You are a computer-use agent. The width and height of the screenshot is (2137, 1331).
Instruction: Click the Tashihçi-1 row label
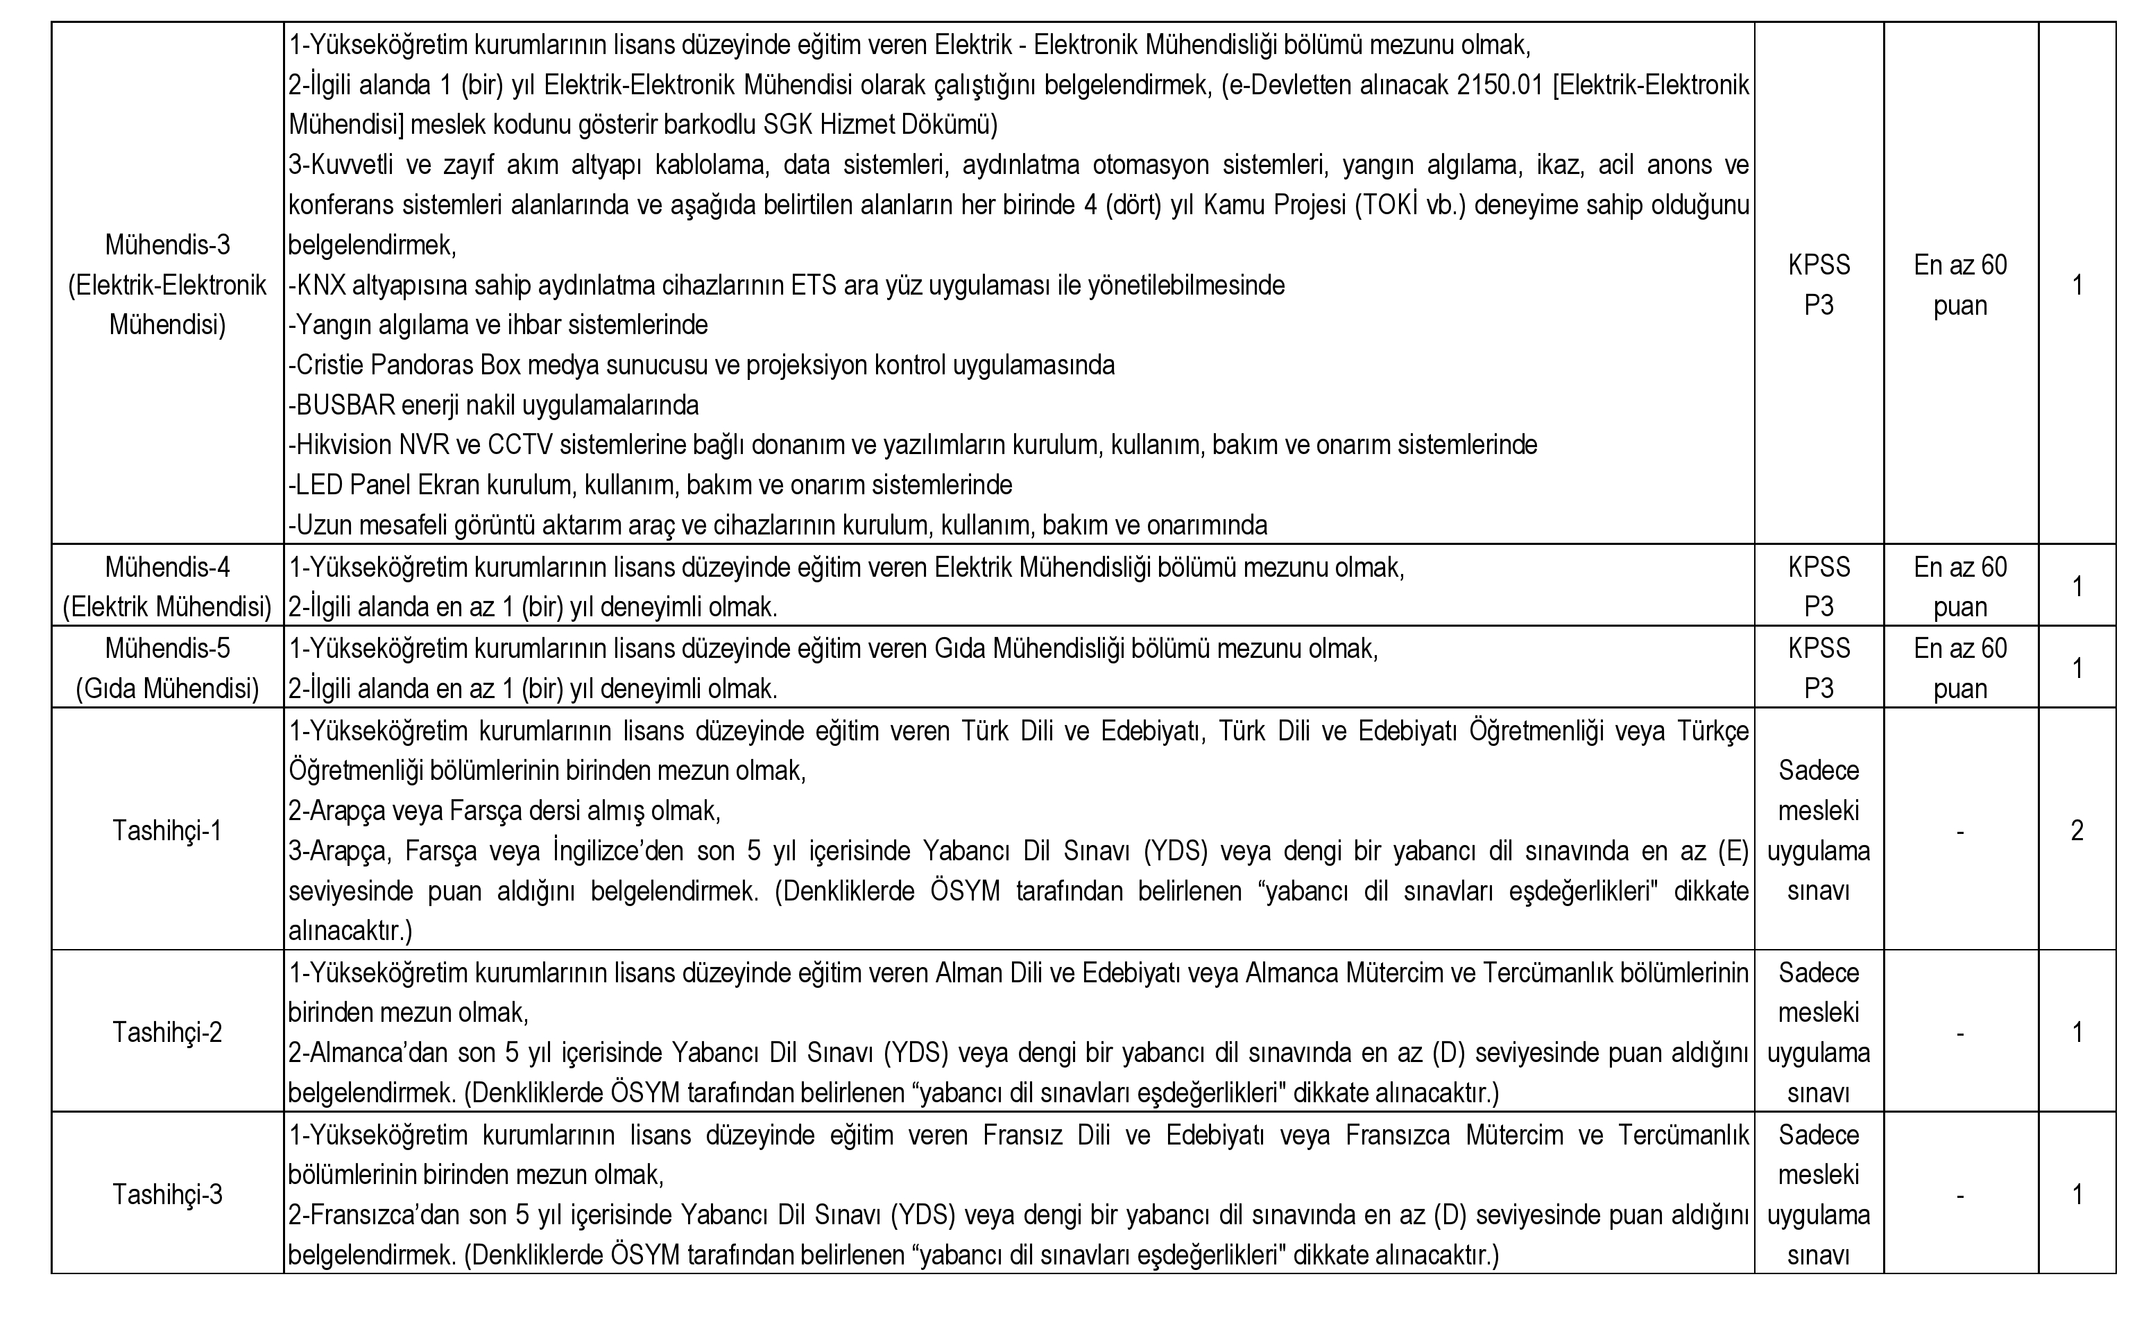click(167, 830)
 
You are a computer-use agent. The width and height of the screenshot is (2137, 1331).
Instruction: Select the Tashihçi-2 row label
click(167, 1032)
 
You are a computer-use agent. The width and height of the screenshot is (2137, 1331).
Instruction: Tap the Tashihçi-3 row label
click(167, 1194)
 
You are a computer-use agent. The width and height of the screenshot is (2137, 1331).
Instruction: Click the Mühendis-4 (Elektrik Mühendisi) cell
click(167, 586)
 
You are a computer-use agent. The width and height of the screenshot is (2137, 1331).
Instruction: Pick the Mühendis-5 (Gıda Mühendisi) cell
click(167, 668)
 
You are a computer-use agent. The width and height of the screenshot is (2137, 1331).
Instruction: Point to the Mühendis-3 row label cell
click(167, 284)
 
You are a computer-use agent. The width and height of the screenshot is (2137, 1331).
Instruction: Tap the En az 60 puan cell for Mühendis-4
click(1960, 586)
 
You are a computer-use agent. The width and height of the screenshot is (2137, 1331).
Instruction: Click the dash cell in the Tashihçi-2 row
click(1960, 1032)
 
